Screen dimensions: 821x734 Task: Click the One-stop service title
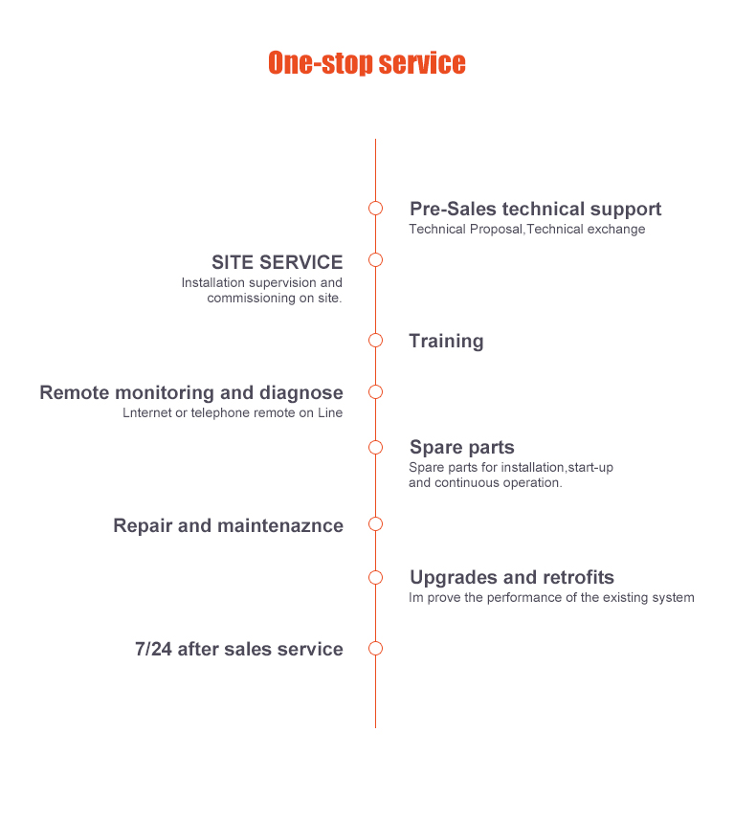367,64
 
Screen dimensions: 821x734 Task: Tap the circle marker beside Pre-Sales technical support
375,209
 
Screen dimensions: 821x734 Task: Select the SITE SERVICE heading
277,262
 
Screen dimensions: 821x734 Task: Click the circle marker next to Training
375,340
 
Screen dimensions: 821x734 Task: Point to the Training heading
446,342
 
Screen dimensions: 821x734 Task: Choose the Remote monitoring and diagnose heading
191,393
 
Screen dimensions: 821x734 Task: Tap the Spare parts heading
461,448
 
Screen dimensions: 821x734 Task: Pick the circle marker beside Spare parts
375,447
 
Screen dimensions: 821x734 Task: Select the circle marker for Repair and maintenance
375,524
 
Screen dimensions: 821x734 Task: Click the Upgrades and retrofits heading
511,578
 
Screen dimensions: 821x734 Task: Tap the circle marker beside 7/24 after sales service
375,649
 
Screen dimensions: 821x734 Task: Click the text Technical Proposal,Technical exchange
526,230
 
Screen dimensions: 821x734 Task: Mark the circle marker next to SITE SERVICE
375,260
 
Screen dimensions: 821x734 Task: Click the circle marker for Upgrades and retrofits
375,577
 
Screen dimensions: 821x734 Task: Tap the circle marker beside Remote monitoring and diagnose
375,392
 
